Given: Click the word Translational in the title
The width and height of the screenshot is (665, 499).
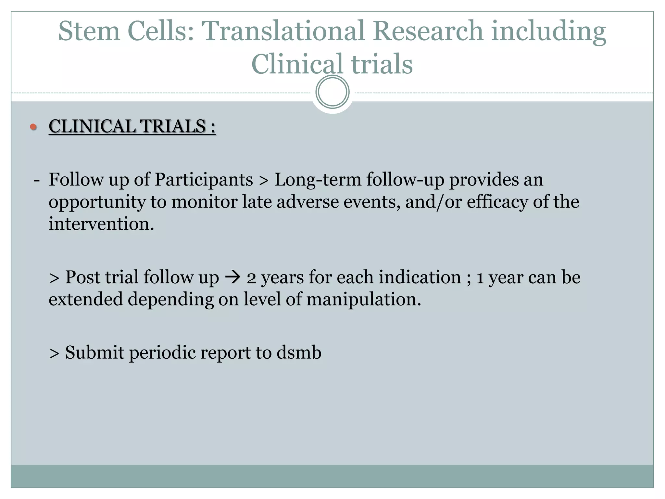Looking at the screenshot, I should point(283,31).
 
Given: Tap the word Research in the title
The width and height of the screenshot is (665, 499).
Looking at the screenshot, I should point(428,31).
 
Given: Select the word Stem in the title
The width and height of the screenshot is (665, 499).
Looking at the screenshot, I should point(89,31).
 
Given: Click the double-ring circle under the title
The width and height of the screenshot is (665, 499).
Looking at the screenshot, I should point(332,92).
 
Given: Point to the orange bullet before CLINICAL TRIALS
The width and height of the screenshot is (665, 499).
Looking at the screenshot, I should point(33,127).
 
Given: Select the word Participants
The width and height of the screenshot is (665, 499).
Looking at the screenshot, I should point(204,180).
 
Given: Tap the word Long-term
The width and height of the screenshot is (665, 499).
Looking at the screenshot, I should point(318,180).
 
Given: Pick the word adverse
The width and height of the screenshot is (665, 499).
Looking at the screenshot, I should point(307,202).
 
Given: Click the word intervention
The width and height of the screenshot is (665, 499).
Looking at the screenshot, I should point(101,224).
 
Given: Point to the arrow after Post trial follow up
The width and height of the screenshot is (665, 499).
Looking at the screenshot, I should point(233,277).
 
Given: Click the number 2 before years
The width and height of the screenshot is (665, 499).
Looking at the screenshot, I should point(251,278).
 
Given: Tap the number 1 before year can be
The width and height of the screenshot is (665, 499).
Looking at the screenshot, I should point(480,278).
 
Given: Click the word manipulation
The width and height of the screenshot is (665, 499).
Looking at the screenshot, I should point(363,299).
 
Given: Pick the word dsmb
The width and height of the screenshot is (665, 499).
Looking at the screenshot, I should point(299,352).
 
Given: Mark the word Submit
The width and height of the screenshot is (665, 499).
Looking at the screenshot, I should point(94,352).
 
